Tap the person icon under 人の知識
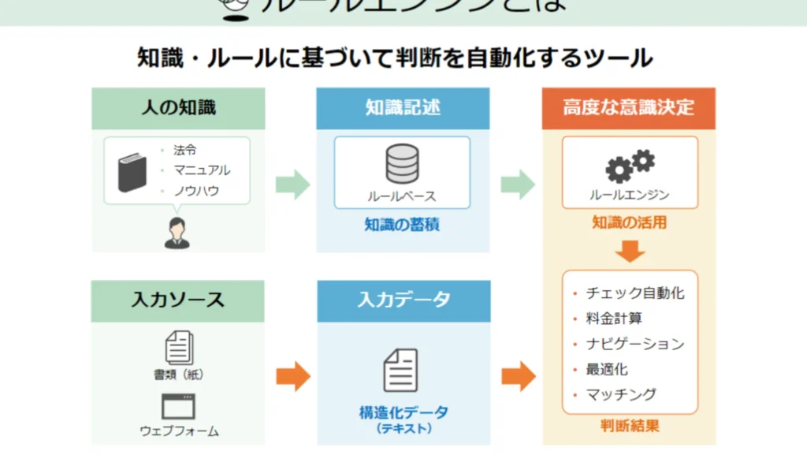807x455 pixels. point(177,233)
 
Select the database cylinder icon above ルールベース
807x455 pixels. point(402,164)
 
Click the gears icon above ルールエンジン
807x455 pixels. point(630,165)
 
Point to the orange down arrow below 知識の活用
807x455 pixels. point(630,252)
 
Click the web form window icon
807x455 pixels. point(178,406)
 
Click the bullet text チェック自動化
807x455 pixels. point(635,293)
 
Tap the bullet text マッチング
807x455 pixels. point(621,394)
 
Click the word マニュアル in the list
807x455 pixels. point(203,170)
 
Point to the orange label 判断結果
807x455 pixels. point(630,427)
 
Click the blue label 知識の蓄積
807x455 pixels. point(402,225)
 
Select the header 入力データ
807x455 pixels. point(403,300)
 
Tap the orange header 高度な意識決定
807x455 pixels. point(629,108)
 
